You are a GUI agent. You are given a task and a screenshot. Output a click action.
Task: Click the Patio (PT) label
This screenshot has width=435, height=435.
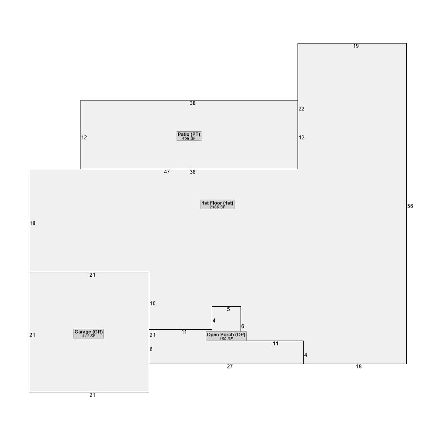189,134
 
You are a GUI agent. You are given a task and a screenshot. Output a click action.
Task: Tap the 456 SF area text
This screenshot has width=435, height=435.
189,138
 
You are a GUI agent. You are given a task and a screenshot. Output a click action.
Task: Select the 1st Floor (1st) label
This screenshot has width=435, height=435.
217,203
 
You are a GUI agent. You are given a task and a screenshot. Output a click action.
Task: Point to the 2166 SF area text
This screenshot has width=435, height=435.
217,207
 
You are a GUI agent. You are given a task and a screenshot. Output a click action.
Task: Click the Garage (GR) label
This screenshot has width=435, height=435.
89,332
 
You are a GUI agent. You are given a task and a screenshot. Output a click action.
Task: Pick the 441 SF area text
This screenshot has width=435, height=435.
89,336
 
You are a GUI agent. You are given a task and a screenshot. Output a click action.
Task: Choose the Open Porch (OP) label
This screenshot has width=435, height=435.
226,335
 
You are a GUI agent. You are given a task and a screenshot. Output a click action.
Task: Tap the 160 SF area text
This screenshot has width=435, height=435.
226,339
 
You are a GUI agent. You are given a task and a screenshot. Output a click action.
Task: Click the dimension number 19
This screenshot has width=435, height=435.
356,46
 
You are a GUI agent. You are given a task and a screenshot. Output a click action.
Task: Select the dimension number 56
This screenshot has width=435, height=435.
410,206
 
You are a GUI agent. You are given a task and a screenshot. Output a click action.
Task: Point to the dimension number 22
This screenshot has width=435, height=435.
301,109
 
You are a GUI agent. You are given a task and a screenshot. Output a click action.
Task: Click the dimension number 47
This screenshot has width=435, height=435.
167,172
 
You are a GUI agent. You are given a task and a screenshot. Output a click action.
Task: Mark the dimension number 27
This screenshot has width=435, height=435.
230,366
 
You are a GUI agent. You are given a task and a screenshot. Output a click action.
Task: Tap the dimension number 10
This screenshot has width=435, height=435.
153,304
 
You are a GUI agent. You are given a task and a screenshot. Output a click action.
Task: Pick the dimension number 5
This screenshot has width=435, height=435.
228,309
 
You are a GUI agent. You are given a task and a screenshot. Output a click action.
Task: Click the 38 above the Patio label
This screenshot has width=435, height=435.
193,103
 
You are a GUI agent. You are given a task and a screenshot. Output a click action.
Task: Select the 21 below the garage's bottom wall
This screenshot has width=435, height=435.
92,395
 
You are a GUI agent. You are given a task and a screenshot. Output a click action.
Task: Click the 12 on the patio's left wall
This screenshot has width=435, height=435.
84,137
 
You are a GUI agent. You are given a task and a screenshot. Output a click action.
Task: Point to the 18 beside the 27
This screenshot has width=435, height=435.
359,366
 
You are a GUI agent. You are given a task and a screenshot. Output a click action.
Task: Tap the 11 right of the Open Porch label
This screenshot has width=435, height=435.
275,344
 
